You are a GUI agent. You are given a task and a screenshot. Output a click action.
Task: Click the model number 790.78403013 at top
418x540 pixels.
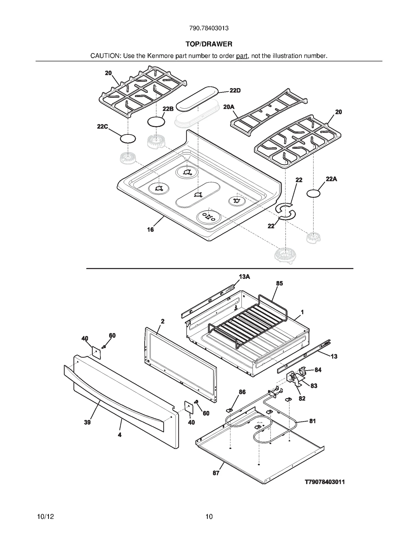(x=209, y=28)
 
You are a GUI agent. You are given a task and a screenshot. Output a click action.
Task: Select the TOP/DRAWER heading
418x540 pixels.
(x=209, y=44)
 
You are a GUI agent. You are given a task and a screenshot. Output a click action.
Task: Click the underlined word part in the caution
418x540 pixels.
(x=242, y=56)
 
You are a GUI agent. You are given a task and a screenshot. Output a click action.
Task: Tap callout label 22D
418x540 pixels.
(x=235, y=90)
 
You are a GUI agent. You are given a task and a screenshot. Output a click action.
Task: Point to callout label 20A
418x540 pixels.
(x=229, y=107)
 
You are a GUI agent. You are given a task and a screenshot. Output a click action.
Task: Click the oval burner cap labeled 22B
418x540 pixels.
(x=156, y=122)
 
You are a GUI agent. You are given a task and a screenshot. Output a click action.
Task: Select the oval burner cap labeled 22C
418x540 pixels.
(x=128, y=139)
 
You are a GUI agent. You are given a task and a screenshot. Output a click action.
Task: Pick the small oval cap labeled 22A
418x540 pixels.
(x=313, y=194)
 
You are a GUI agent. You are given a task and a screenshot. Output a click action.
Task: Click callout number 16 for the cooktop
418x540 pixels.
(x=150, y=229)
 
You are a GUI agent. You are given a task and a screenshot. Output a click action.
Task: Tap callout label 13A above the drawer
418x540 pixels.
(x=244, y=277)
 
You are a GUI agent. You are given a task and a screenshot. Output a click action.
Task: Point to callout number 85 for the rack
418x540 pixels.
(x=279, y=283)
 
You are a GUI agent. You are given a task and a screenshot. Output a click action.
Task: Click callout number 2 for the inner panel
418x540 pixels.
(x=162, y=321)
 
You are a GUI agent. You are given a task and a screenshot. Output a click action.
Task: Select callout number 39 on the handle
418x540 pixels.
(x=87, y=422)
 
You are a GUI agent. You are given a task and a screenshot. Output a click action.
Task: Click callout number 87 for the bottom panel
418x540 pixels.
(x=216, y=473)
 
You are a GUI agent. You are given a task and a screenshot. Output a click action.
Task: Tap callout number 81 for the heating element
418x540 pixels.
(x=312, y=421)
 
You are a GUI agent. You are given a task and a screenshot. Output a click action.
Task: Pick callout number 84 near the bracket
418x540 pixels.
(x=318, y=370)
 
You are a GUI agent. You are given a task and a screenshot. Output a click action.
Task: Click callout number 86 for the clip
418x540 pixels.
(x=242, y=392)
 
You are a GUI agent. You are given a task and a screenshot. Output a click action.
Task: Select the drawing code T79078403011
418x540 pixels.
(x=325, y=482)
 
